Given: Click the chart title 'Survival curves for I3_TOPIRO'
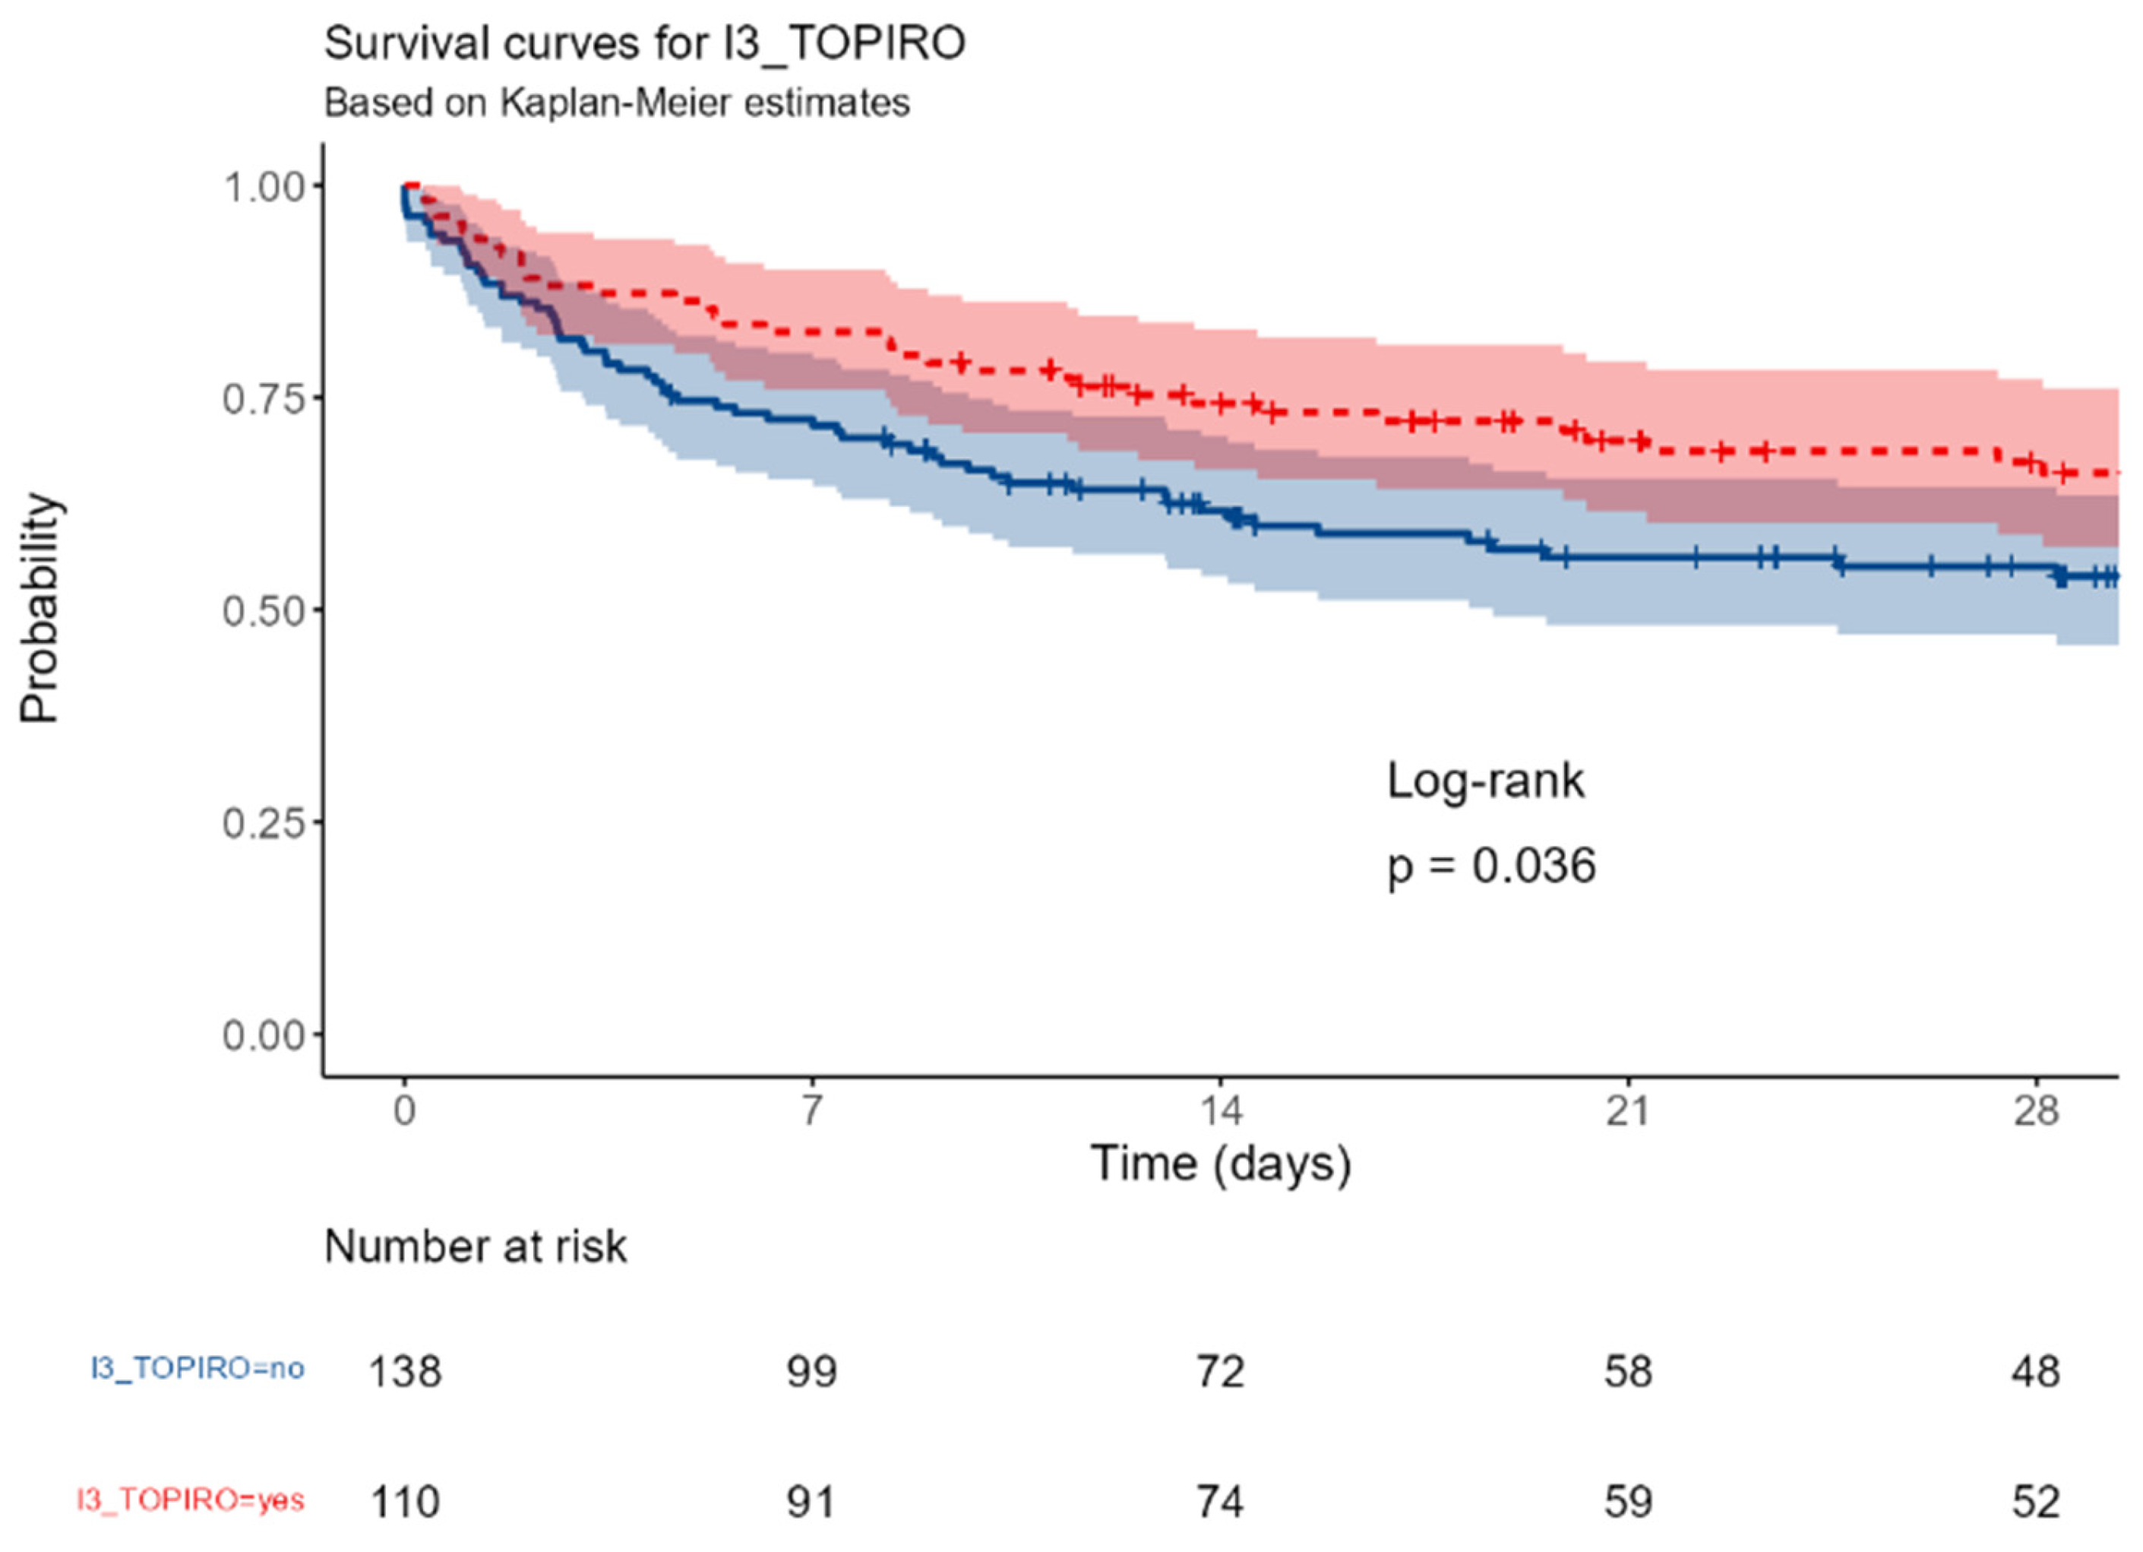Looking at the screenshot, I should tap(644, 43).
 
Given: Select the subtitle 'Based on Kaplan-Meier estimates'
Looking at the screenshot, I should tap(617, 102).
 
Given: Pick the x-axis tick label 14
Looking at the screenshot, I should tap(1220, 1111).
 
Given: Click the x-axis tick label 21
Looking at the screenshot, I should tap(1628, 1111).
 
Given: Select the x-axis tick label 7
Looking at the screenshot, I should tap(811, 1111).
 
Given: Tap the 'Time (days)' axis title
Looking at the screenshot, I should tap(1221, 1164).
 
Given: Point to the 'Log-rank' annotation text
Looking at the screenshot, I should tap(1485, 781).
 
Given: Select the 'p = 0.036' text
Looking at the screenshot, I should tap(1491, 866).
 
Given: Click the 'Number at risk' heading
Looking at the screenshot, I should tap(476, 1246).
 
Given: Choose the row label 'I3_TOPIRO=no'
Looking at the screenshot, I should tap(198, 1369).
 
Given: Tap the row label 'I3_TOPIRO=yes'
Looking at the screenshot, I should tap(191, 1500).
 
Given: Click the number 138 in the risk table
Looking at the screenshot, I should tap(404, 1371).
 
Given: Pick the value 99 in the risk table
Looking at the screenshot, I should tap(811, 1371).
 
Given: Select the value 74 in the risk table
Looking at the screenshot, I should tap(1220, 1502).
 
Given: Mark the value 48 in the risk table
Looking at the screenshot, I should tap(2035, 1371).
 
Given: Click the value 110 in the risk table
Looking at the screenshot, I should tap(404, 1502).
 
